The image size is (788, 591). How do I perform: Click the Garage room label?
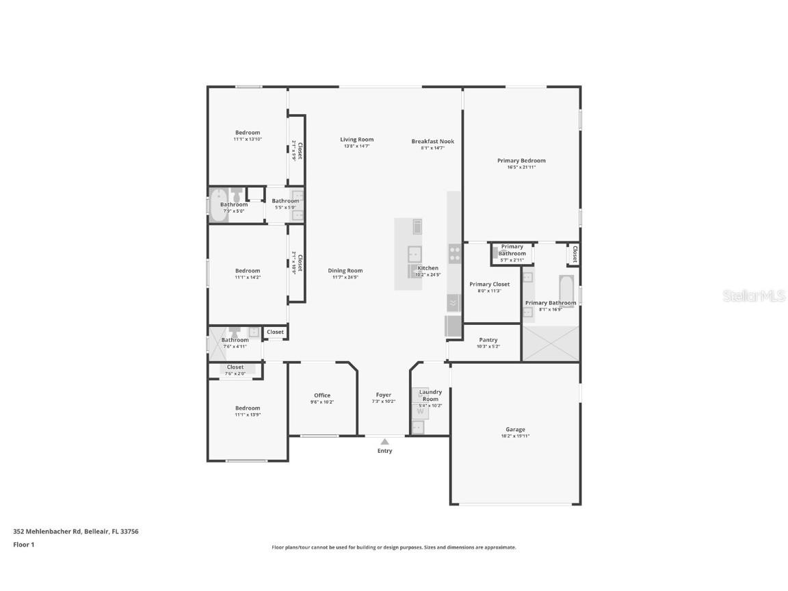[x=515, y=430]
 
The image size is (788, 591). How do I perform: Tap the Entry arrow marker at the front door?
[x=384, y=441]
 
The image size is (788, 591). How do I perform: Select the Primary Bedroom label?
[x=521, y=161]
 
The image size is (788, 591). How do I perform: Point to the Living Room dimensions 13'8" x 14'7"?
[x=356, y=146]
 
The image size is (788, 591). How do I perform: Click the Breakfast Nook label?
[x=432, y=142]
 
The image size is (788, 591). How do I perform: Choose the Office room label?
[x=322, y=395]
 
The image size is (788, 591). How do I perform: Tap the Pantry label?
[x=488, y=340]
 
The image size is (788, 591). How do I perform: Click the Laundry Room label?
[x=430, y=395]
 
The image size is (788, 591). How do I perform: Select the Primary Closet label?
[x=489, y=284]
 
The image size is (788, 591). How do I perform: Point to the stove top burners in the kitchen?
[x=455, y=254]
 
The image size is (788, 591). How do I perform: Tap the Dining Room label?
[x=345, y=270]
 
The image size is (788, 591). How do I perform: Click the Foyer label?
[x=384, y=395]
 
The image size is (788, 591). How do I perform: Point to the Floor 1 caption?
[x=23, y=544]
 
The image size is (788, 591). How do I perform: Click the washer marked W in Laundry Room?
[x=420, y=411]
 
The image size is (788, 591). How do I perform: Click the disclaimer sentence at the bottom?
[x=394, y=547]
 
